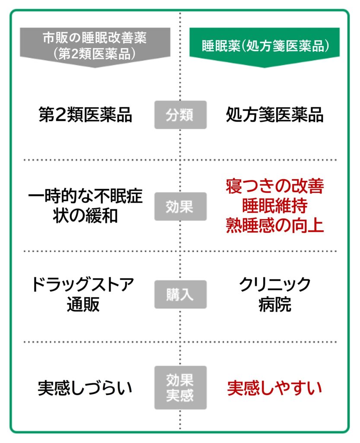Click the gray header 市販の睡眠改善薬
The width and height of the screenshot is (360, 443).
94,38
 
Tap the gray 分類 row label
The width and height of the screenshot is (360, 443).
180,115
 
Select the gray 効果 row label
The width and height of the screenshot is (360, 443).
180,207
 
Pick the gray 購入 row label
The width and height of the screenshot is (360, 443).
180,295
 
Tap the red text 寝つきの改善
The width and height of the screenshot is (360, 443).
274,187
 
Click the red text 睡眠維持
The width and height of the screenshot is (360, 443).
274,206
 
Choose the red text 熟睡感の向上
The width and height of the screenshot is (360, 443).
274,225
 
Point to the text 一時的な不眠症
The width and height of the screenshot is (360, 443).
85,197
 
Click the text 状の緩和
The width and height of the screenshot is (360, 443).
85,216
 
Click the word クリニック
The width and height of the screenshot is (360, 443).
275,285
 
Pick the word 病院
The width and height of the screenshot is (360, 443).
275,305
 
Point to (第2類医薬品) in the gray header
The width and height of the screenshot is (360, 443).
94,54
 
